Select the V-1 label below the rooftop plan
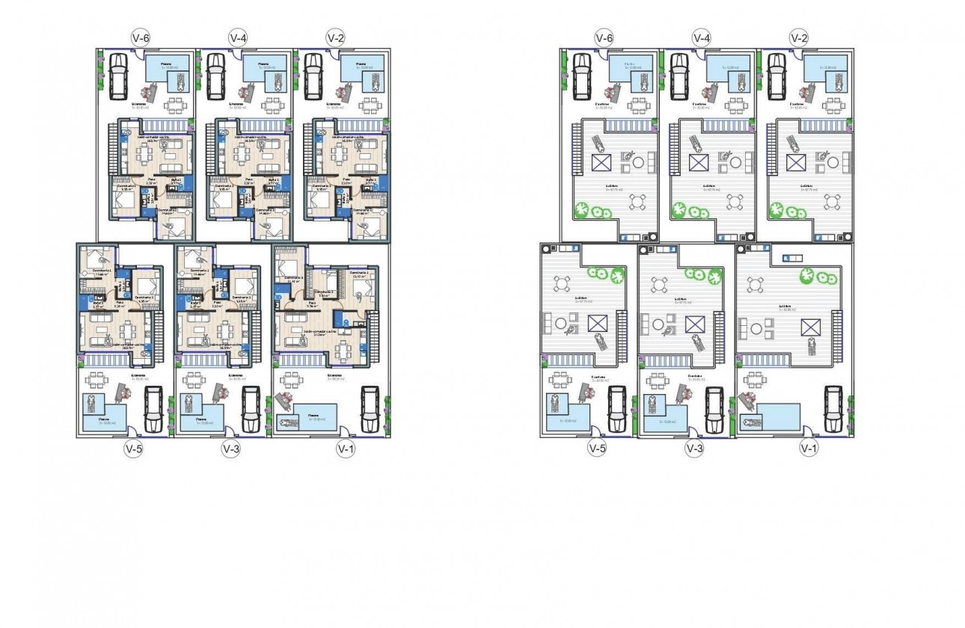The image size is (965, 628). (808, 449)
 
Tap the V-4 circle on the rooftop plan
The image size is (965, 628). (701, 37)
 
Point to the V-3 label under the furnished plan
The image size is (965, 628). (230, 449)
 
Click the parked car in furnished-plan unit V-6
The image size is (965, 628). (118, 75)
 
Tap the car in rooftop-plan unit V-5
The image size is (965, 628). (616, 410)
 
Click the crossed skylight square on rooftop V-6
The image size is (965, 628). (601, 162)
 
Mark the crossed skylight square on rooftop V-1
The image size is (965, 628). (809, 326)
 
